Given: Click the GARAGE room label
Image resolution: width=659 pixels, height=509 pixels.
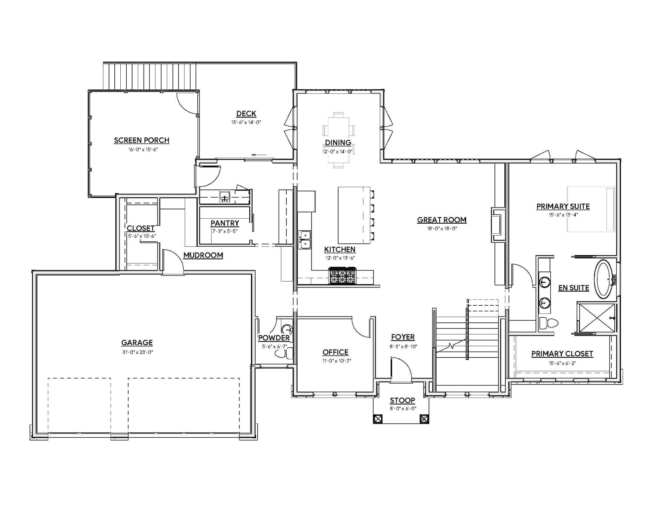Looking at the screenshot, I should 137,342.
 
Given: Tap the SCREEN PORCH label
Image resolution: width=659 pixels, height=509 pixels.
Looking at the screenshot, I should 142,140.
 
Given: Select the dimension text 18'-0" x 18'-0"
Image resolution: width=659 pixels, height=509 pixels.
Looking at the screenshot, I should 442,228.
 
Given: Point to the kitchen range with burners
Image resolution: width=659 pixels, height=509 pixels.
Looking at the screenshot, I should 342,276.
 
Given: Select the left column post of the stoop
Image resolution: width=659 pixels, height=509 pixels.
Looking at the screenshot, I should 378,419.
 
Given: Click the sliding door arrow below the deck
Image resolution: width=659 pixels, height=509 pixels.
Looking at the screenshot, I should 259,155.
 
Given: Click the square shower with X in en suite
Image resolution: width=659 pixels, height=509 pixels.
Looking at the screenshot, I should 596,317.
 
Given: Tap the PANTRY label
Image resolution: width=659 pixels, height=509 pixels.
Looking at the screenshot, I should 225,223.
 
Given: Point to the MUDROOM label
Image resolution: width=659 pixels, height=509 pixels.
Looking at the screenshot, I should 203,255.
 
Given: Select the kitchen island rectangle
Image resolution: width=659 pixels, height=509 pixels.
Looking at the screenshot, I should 354,215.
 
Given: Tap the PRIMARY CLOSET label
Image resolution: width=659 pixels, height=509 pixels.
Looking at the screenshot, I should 562,353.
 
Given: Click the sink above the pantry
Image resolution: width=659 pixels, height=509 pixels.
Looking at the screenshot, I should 225,196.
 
